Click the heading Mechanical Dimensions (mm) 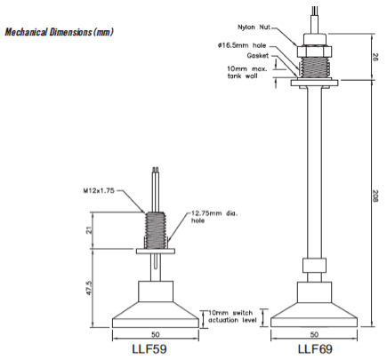pos(59,32)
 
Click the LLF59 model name pos(156,349)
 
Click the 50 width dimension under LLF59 pos(156,336)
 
